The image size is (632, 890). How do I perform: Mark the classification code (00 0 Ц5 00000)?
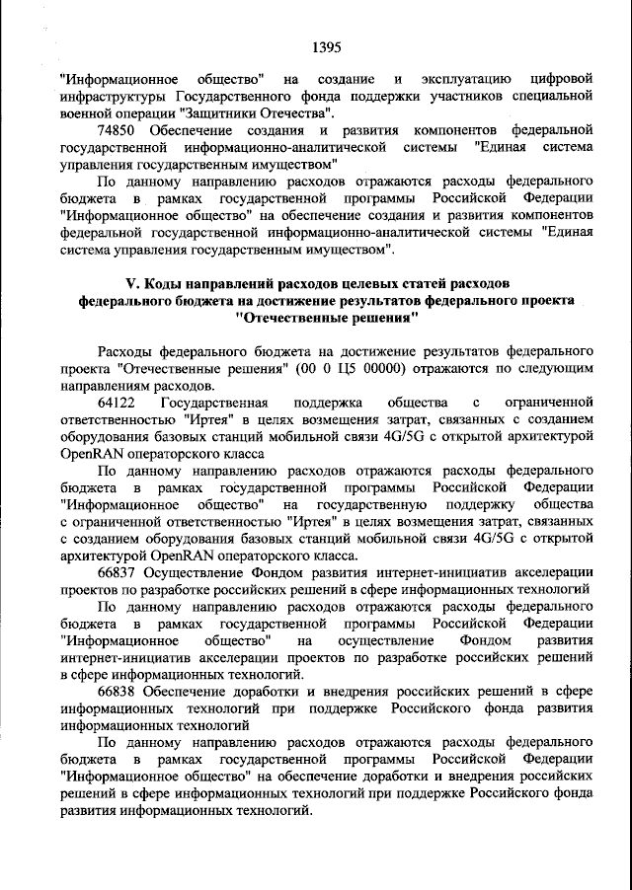point(349,368)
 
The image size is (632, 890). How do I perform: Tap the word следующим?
point(549,368)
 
